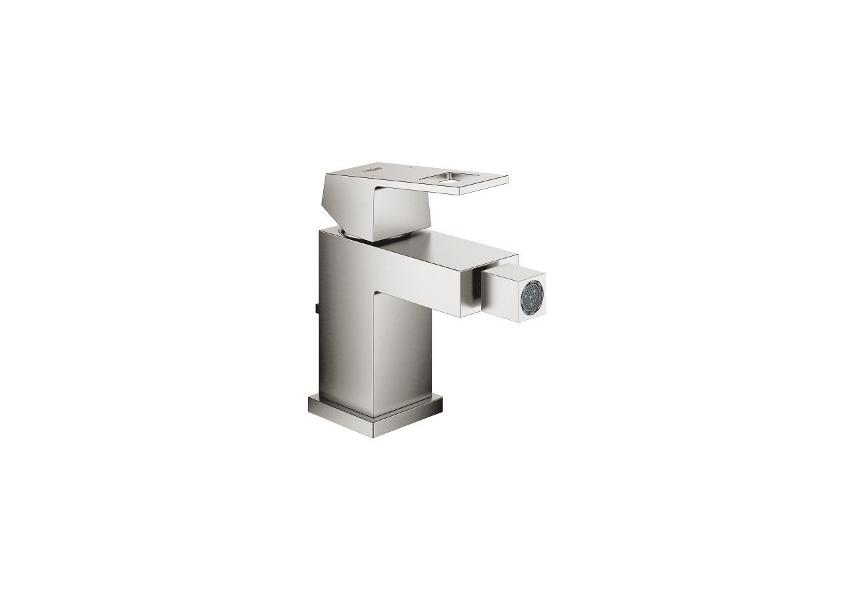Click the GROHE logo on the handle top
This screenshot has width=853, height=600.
(x=371, y=169)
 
